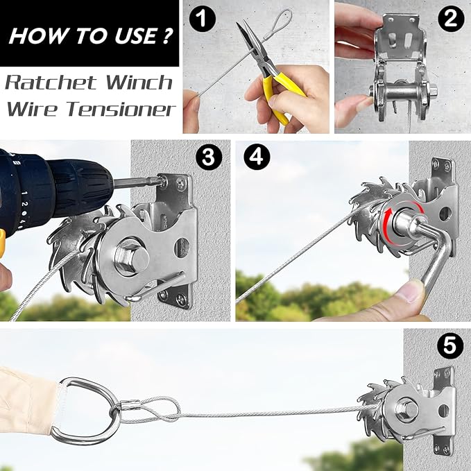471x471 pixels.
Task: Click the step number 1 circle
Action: pyautogui.click(x=202, y=20)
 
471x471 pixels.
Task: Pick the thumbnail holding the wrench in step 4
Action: pyautogui.click(x=416, y=291)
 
